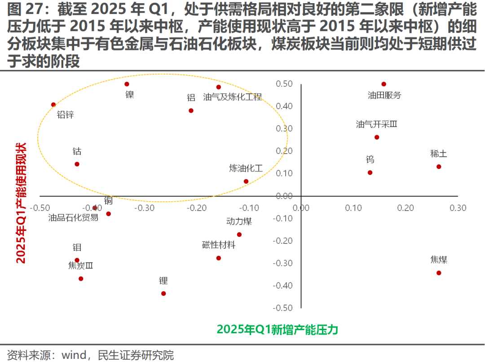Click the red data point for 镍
point(127,84)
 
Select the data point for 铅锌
point(53,105)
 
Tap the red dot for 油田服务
point(384,84)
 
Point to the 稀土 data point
point(439,167)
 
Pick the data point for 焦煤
point(439,273)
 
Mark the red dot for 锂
point(163,293)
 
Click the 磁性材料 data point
point(219,258)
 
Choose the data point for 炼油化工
point(246,181)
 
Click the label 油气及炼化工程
point(232,97)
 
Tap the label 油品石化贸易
point(74,218)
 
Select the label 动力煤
point(239,221)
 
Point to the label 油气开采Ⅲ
point(376,124)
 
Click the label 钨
point(370,159)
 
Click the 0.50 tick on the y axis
point(285,84)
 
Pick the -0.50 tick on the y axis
point(283,308)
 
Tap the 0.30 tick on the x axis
point(458,208)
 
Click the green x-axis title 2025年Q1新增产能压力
point(277,330)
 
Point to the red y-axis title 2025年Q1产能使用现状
point(21,203)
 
